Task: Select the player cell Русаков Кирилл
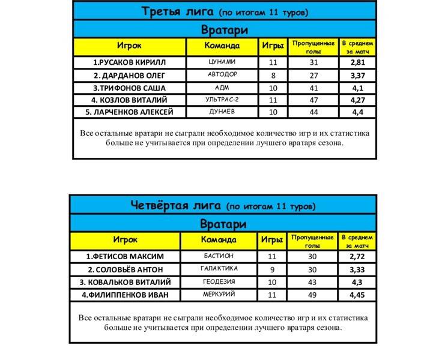(x=129, y=62)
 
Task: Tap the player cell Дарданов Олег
(x=129, y=75)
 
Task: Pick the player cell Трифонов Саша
(x=129, y=88)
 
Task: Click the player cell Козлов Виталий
(x=129, y=100)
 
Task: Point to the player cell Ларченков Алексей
(x=129, y=112)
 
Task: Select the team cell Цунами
(x=222, y=62)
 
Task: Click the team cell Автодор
(x=222, y=75)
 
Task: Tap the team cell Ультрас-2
(x=222, y=100)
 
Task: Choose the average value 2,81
(x=358, y=62)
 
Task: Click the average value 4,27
(x=358, y=100)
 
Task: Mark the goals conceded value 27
(x=313, y=75)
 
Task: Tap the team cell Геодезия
(x=217, y=281)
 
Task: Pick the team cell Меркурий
(x=217, y=294)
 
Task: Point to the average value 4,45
(x=359, y=294)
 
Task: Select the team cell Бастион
(x=217, y=257)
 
